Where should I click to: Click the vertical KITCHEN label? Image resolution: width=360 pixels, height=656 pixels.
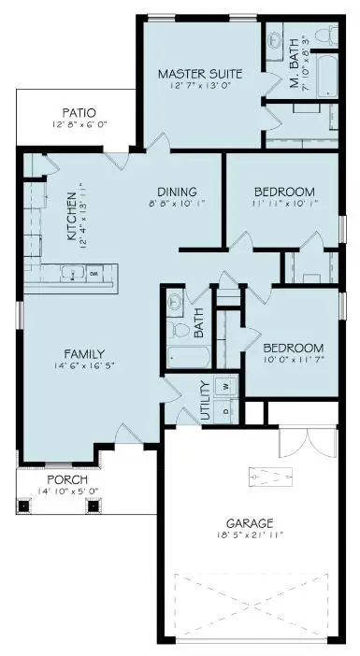[x=71, y=219]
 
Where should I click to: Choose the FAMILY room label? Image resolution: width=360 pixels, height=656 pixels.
[x=83, y=354]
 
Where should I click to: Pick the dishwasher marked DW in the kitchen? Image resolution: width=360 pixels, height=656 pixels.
[x=94, y=274]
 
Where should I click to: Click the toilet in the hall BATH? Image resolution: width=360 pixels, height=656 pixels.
[x=174, y=330]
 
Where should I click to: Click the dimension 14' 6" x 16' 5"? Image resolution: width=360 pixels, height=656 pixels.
[x=83, y=366]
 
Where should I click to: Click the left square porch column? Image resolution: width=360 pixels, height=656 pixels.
[x=25, y=506]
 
